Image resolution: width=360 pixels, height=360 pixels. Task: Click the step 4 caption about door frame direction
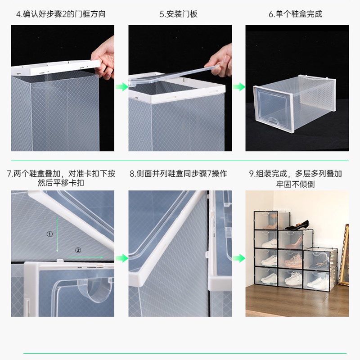[x=61, y=14]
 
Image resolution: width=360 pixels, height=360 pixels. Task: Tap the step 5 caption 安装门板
[x=178, y=14]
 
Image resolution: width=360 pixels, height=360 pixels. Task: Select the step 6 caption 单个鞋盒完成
[x=296, y=14]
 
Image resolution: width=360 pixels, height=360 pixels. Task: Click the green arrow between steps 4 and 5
[x=121, y=87]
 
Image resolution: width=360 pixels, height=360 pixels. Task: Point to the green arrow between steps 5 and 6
[x=239, y=87]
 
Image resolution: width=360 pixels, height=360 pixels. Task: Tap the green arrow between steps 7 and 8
[x=121, y=258]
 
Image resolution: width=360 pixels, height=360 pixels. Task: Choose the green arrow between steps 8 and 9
[x=239, y=258]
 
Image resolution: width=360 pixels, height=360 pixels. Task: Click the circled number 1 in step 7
[x=49, y=234]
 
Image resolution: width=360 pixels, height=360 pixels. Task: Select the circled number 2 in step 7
[x=78, y=250]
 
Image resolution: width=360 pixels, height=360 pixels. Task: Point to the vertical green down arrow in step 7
[x=58, y=234]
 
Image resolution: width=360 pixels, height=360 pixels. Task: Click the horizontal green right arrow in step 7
[x=85, y=257]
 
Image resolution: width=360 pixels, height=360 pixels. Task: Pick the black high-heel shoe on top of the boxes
[x=297, y=225]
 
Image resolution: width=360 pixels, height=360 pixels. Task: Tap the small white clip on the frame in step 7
[x=60, y=261]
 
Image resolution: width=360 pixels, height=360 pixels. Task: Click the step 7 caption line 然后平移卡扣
[x=61, y=183]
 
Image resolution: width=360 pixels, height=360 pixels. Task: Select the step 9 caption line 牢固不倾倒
[x=295, y=184]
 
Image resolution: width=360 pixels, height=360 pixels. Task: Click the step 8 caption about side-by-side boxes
[x=178, y=174]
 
